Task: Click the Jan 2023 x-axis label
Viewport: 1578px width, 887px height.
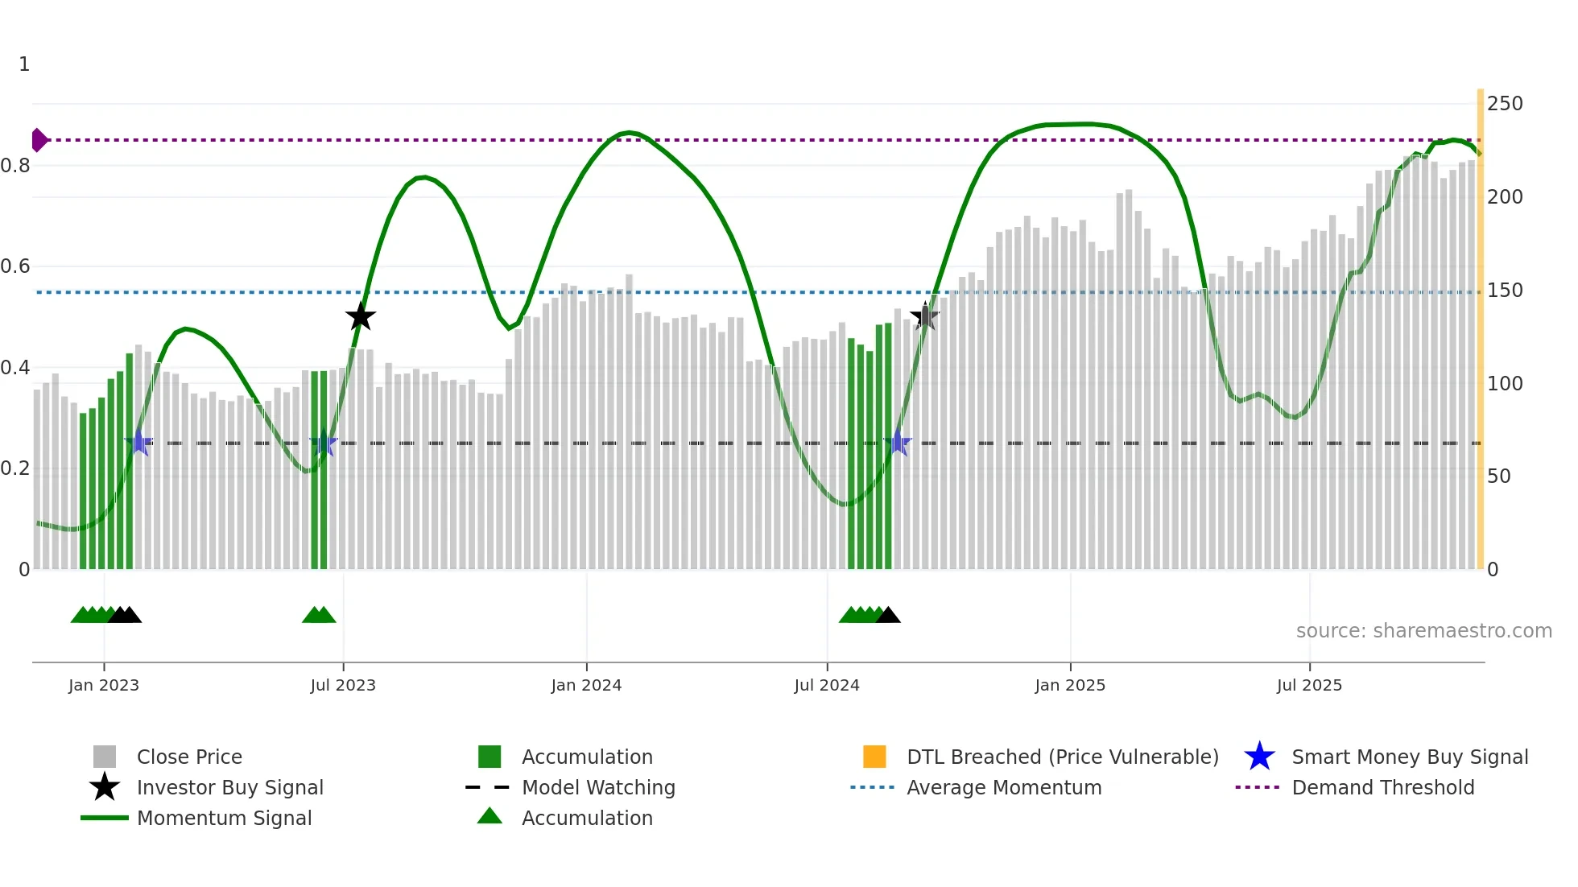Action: [x=103, y=685]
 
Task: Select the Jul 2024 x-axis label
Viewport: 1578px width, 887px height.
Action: [x=826, y=685]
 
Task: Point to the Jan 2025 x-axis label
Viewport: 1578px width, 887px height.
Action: [x=1069, y=685]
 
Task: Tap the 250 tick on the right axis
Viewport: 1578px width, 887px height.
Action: [x=1504, y=104]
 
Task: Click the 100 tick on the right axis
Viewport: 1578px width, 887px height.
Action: [x=1504, y=383]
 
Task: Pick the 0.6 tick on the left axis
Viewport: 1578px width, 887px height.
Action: [x=16, y=266]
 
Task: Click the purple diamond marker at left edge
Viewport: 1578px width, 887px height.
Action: [x=39, y=140]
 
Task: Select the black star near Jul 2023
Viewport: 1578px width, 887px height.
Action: [x=360, y=317]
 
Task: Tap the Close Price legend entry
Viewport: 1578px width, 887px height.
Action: [x=189, y=757]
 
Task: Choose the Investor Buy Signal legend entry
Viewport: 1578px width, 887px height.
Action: [x=229, y=787]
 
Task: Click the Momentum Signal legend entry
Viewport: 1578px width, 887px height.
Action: [x=224, y=818]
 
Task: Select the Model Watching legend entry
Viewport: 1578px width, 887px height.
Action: [x=598, y=787]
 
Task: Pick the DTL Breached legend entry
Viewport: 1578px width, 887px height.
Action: [x=1062, y=757]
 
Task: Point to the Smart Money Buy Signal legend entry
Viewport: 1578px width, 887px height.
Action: [x=1409, y=757]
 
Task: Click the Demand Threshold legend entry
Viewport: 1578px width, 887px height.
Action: [x=1382, y=787]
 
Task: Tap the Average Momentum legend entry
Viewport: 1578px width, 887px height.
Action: [x=1004, y=787]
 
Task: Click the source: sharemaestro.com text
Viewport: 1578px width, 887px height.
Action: [x=1423, y=631]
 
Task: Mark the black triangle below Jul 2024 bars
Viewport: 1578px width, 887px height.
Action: [x=887, y=616]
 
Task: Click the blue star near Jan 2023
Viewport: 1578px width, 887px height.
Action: [x=138, y=443]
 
